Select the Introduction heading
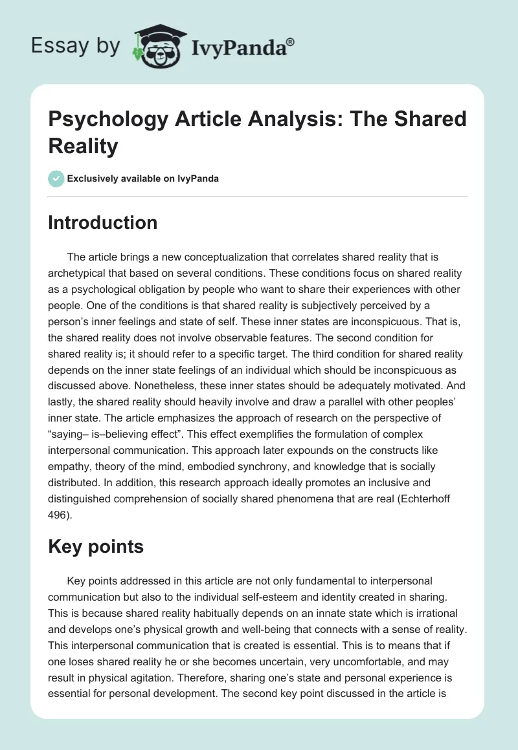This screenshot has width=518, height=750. click(102, 222)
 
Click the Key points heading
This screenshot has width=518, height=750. click(96, 546)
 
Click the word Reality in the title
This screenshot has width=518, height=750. click(84, 146)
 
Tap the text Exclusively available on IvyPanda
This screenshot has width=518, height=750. click(143, 178)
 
